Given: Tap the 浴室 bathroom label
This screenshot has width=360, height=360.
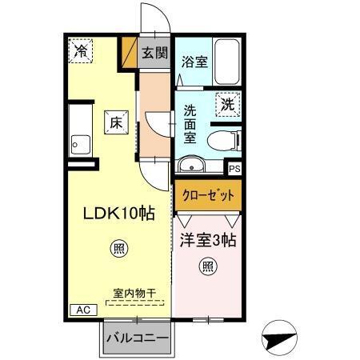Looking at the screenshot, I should (194, 62).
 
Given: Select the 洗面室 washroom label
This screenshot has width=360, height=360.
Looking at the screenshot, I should (190, 124).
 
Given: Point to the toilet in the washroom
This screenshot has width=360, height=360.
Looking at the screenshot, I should (223, 141).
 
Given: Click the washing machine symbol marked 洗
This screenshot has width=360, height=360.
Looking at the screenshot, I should (228, 103).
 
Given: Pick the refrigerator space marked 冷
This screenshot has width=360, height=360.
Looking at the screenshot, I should (81, 50).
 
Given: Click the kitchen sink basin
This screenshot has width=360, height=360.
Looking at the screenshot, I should (80, 145).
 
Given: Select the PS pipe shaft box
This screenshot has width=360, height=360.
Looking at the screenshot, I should (234, 169).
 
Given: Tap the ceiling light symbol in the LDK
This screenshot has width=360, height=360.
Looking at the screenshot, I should (118, 248).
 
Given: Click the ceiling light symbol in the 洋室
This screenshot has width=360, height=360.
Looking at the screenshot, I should (207, 266).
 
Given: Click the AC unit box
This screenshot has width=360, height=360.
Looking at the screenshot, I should (83, 309).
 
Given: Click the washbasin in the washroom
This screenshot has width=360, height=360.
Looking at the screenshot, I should (191, 166).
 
